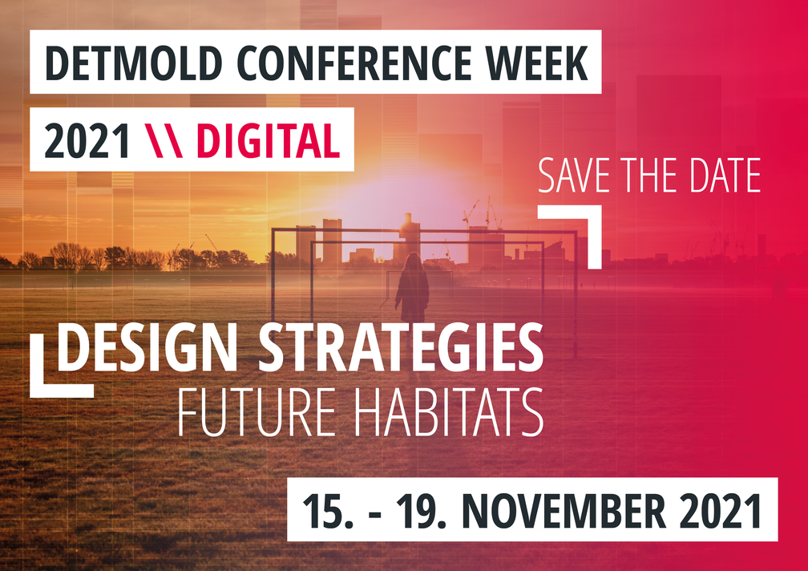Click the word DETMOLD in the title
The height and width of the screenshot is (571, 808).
tap(133, 63)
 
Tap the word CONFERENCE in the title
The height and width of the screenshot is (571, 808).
tap(353, 63)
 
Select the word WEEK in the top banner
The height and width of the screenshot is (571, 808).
tap(537, 63)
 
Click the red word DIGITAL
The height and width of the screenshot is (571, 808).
tap(269, 140)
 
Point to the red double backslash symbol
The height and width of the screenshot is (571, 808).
tap(164, 140)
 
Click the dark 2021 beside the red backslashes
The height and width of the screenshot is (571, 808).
tap(87, 140)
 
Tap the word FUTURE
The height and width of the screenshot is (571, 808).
tap(257, 412)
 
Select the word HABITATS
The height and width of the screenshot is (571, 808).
tap(449, 412)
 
